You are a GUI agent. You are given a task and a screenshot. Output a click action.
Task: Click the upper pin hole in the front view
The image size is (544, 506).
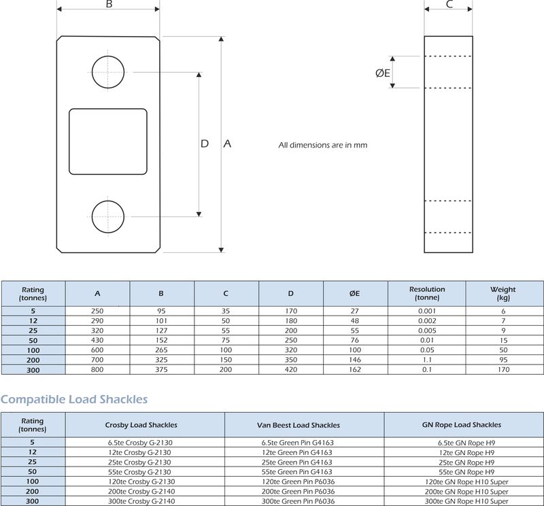(108, 71)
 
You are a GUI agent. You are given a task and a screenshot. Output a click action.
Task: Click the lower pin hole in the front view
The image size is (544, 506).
(108, 216)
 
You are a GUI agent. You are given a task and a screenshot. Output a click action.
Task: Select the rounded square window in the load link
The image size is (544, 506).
(108, 141)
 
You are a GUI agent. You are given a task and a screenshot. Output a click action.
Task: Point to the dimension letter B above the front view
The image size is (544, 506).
(109, 4)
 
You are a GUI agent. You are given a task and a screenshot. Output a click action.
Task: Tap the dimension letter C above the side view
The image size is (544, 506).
(449, 4)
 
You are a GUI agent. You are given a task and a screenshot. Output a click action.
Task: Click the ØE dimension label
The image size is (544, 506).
(383, 73)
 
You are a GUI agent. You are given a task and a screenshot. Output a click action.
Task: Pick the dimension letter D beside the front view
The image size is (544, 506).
(205, 144)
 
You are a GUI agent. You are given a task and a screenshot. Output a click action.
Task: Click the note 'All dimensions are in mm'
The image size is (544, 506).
(323, 145)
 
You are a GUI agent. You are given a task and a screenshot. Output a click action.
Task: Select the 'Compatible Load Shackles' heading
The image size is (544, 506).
(74, 399)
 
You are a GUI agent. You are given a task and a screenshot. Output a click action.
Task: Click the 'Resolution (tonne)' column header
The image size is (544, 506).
(427, 293)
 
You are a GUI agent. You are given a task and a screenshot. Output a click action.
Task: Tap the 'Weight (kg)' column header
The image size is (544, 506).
(503, 293)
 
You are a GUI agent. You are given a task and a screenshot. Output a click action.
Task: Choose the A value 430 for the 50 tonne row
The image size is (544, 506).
(98, 339)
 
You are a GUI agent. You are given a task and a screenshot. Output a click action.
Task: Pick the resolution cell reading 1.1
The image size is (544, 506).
(427, 359)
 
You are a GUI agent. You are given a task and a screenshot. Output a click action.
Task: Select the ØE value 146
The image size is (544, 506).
(354, 359)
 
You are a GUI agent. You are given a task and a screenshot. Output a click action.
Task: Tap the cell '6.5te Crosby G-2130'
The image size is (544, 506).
(146, 442)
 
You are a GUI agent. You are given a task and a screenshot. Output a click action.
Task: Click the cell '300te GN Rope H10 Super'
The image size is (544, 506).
(464, 501)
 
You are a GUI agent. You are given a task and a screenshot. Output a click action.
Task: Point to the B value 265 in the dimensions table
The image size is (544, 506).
(161, 350)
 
